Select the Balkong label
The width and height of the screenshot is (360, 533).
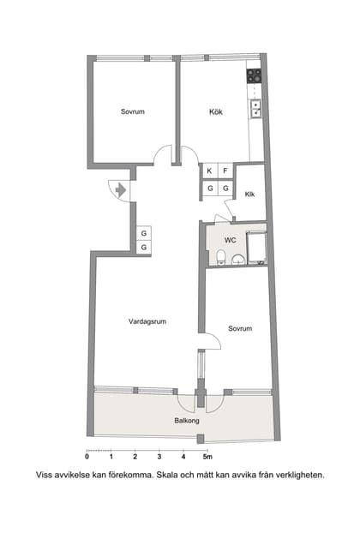187,421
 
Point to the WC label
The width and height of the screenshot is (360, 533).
231,240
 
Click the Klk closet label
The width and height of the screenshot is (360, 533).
249,194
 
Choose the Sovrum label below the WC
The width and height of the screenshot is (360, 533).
240,329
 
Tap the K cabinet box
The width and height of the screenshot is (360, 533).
208,171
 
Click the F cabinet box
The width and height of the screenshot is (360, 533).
225,171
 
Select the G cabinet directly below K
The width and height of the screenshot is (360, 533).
208,188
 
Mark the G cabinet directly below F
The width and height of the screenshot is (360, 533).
225,188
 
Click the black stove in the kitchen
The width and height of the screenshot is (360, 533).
255,75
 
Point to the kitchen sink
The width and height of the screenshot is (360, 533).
255,109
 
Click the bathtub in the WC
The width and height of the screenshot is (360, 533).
256,248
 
